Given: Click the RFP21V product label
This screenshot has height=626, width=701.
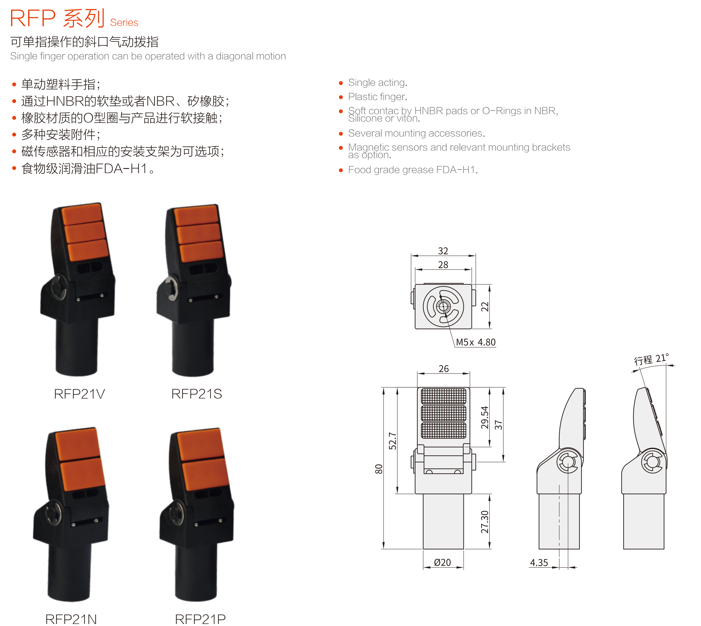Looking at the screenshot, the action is pos(80,394).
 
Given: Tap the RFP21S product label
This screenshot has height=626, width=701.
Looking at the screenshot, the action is pos(197,394).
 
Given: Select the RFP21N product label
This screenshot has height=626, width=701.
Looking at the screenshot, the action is pos(71,619).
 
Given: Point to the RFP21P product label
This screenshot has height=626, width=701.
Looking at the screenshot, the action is pos(200,619).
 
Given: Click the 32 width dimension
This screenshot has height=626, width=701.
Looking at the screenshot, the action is pos(443,251).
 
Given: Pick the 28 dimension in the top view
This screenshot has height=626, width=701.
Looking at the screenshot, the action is pos(443,264).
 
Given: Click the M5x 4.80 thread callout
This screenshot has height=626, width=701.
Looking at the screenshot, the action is pos(476,342).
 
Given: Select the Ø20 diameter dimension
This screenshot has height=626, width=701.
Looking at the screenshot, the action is pos(442,562).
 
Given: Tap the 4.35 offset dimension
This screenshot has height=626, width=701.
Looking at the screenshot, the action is pos(539,563).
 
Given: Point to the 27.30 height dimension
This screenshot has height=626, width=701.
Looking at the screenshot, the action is pos(485,522).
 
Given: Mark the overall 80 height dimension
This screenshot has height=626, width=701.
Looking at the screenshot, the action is pos(379,469).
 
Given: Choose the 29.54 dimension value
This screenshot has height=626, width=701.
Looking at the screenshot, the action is pos(485,418).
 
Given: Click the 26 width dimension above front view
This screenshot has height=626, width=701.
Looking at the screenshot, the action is pos(444,369).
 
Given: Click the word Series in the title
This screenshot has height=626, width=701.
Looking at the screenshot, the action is pos(124,23).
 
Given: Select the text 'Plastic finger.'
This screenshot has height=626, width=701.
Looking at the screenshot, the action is pos(377,97).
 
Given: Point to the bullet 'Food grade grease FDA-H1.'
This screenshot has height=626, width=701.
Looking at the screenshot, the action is pos(413,169).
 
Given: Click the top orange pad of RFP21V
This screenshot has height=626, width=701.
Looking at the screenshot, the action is pos(82,214).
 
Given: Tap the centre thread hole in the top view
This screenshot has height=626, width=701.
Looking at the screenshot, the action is pos(443,306).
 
